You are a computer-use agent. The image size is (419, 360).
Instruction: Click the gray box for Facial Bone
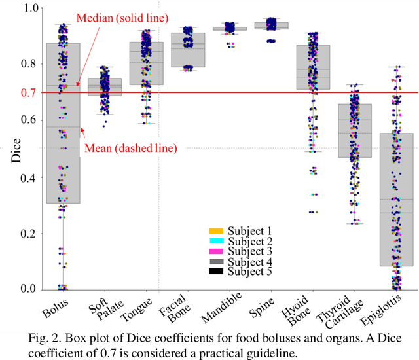187,50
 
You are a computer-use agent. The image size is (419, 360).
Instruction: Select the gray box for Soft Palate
105,87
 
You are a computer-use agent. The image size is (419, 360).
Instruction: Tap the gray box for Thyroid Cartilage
354,130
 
